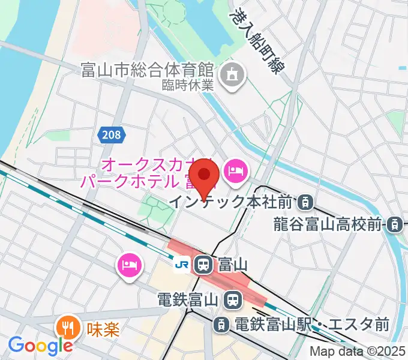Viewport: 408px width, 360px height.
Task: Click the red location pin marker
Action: [206, 175]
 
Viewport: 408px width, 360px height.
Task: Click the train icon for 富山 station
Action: [203, 263]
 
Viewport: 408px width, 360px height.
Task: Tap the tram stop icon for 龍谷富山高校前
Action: [394, 225]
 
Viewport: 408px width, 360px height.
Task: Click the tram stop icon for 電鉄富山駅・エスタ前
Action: [221, 325]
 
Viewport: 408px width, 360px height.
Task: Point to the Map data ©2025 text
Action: [358, 352]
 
